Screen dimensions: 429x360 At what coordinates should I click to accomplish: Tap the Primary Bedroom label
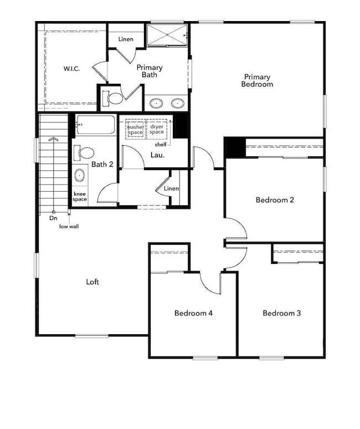(x=257, y=81)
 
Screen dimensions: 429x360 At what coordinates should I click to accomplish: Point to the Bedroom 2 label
(x=275, y=200)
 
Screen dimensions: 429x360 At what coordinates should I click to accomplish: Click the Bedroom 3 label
(x=281, y=313)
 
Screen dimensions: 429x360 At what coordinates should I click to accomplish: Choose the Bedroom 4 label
(x=193, y=313)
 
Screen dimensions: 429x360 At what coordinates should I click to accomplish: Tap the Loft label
(x=92, y=282)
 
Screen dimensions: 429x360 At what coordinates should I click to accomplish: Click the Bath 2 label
(x=102, y=164)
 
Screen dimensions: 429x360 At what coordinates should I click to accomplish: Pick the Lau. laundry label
(x=158, y=155)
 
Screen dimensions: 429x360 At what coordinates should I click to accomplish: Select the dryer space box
(x=157, y=129)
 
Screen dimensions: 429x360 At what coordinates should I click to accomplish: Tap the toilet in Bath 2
(x=86, y=152)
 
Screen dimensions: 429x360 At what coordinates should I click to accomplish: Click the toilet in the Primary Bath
(x=115, y=99)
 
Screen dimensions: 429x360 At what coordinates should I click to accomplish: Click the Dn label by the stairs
(x=53, y=218)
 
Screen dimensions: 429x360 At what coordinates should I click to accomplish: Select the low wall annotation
(x=70, y=226)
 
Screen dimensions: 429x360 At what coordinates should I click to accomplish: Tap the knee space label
(x=80, y=196)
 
